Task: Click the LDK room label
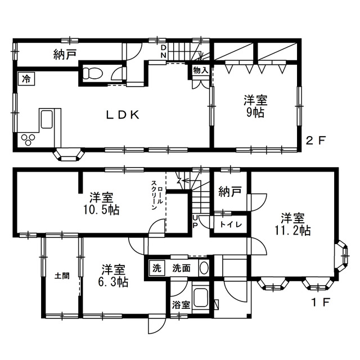(x=123, y=115)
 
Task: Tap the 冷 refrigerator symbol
(x=26, y=79)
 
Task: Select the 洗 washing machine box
(x=157, y=268)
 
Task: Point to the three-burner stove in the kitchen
(x=28, y=140)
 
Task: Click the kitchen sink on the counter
(x=47, y=119)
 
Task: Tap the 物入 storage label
(x=200, y=70)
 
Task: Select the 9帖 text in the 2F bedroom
(x=255, y=112)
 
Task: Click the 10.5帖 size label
(x=101, y=210)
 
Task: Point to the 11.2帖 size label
(x=292, y=231)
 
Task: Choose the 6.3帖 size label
(x=113, y=282)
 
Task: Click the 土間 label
(x=62, y=276)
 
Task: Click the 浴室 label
(x=181, y=305)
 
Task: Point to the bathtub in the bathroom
(x=201, y=298)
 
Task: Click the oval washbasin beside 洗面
(x=204, y=268)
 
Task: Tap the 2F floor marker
(x=316, y=140)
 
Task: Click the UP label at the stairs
(x=195, y=221)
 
